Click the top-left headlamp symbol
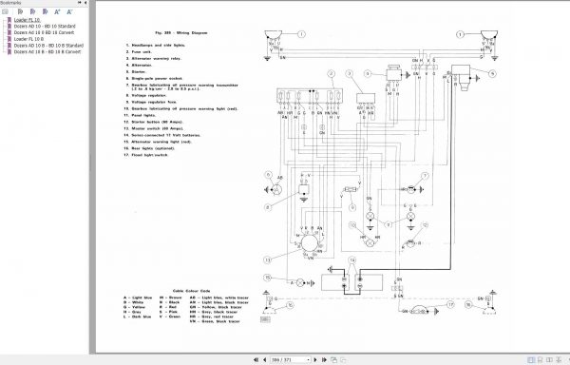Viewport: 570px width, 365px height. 271,39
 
